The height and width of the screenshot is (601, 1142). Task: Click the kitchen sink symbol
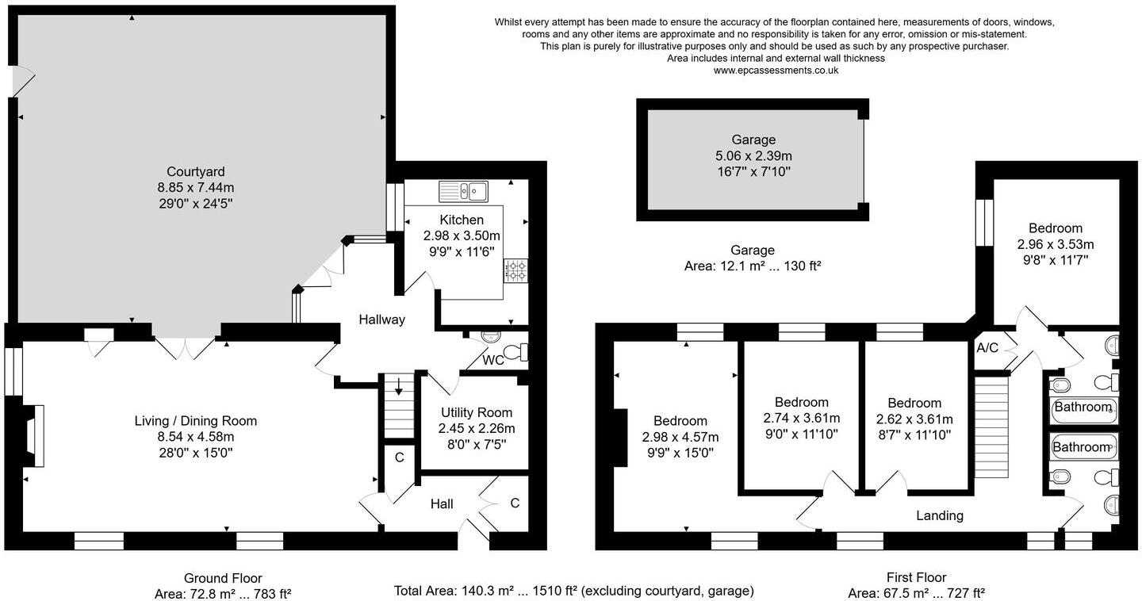pyautogui.click(x=465, y=191)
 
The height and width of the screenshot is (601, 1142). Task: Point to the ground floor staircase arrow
pyautogui.click(x=398, y=388)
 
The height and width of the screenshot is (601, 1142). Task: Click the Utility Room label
pyautogui.click(x=477, y=412)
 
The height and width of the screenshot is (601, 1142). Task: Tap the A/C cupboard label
pyautogui.click(x=987, y=348)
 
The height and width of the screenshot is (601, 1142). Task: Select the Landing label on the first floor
pyautogui.click(x=940, y=515)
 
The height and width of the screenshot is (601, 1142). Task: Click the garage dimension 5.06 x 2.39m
pyautogui.click(x=753, y=155)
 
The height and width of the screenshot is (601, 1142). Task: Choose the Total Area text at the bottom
pyautogui.click(x=573, y=591)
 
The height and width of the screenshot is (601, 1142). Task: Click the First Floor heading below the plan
pyautogui.click(x=916, y=577)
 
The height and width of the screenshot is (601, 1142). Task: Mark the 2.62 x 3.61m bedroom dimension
pyautogui.click(x=914, y=419)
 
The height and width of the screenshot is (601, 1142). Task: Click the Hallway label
pyautogui.click(x=381, y=320)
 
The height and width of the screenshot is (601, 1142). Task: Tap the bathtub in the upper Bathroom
pyautogui.click(x=1083, y=408)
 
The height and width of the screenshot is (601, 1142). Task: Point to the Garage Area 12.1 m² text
pyautogui.click(x=752, y=266)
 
